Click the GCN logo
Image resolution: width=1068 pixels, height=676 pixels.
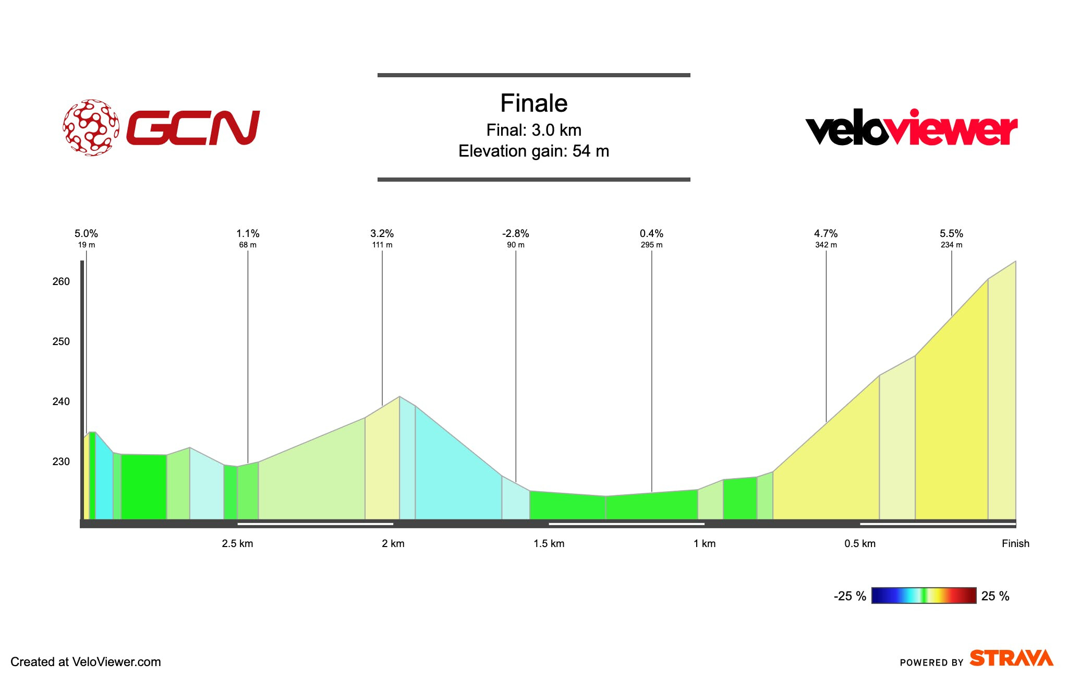162,127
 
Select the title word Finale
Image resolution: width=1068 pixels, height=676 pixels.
533,103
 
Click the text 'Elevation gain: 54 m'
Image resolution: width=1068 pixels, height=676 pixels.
533,151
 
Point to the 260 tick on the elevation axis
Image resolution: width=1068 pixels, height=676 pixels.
61,281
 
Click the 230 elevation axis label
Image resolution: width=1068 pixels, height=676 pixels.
61,461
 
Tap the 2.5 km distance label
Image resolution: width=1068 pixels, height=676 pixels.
237,543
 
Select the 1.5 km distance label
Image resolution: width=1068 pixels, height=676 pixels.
549,543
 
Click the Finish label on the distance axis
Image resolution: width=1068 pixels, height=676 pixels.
1015,543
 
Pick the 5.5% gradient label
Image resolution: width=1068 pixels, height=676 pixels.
951,233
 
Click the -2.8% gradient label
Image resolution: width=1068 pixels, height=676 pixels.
515,233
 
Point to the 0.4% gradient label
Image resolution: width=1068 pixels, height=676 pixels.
651,233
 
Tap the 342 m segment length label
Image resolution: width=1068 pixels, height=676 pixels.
826,245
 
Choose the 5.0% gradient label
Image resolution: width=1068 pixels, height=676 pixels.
86,233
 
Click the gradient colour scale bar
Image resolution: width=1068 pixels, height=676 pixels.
924,596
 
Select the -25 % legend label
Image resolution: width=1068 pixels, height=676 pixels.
849,596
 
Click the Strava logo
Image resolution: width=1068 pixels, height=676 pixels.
1011,658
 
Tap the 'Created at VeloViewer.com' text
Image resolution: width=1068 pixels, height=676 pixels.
86,662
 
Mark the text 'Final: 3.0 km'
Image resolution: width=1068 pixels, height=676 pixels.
533,130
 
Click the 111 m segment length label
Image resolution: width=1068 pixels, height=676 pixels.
382,245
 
